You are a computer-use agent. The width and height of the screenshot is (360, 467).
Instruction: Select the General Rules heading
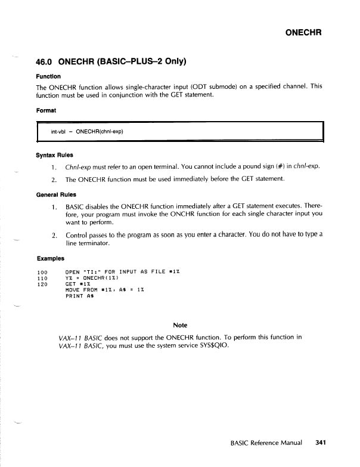click(x=57, y=194)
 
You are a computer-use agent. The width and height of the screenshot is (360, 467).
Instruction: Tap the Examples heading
click(x=52, y=258)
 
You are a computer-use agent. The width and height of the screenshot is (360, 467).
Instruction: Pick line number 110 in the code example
click(x=42, y=278)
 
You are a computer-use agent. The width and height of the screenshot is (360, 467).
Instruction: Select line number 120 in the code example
click(x=42, y=284)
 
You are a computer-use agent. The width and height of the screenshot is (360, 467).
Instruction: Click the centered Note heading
click(x=179, y=325)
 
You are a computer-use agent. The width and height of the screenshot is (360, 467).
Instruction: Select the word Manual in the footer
click(x=290, y=443)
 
